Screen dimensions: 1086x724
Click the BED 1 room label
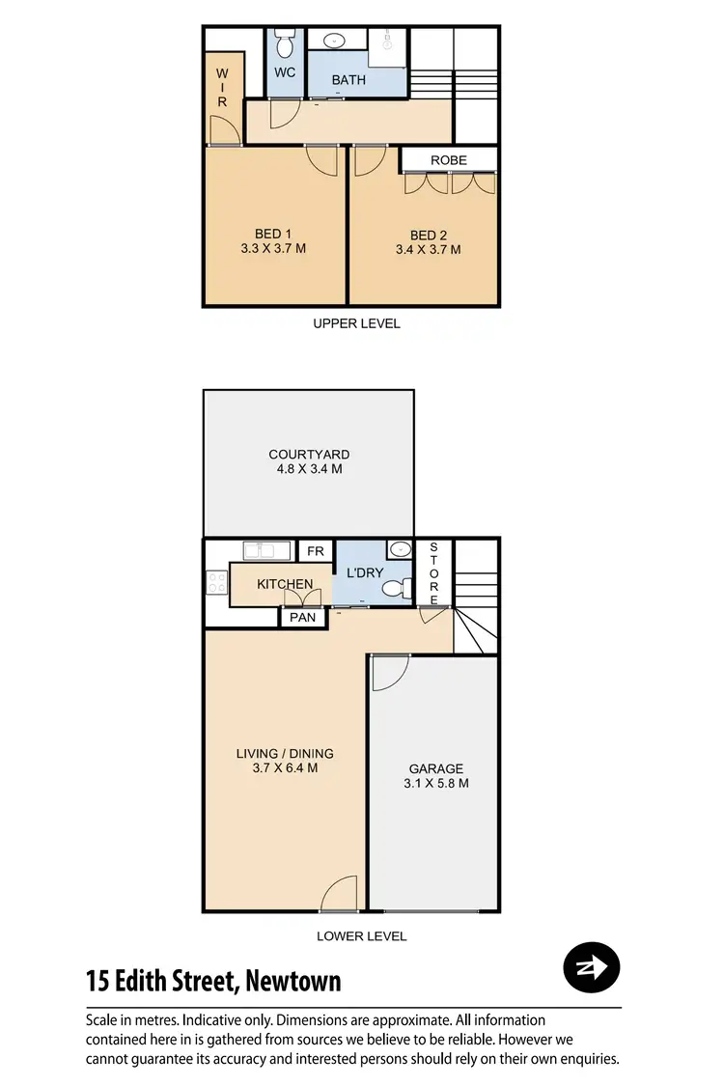pos(273,234)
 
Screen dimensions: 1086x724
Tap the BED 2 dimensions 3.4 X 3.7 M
pos(429,249)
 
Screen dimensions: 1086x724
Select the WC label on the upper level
pos(285,72)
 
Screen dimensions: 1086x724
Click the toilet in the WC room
pos(285,44)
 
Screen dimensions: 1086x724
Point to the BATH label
pos(348,80)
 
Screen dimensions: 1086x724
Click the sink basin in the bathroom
pos(334,41)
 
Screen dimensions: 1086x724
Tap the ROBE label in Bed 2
pos(449,159)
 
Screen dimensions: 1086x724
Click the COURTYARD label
pos(309,454)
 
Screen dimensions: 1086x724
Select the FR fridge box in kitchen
pos(315,551)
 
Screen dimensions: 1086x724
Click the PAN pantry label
pos(303,618)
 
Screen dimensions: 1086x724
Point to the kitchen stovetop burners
pos(216,583)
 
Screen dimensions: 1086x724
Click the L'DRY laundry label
pos(365,572)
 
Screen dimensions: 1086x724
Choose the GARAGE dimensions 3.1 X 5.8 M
pos(436,784)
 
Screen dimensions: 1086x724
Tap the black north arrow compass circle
pos(591,965)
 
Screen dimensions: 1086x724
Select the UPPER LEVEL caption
pos(356,323)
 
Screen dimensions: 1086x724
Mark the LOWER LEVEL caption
pos(361,935)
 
